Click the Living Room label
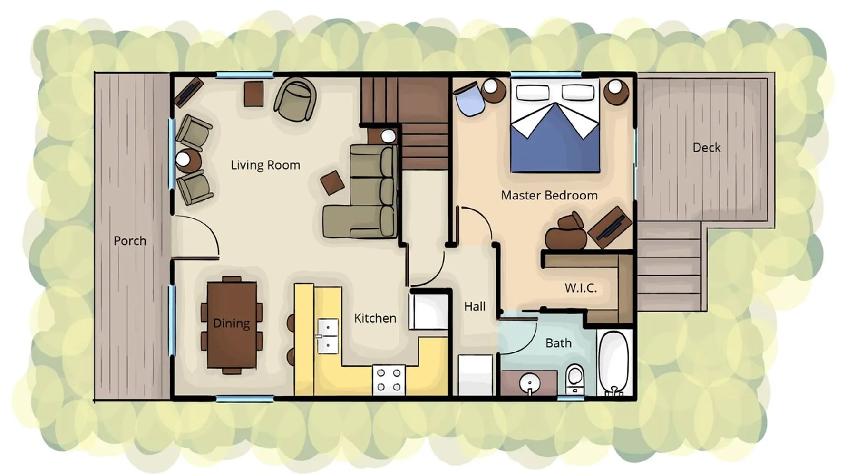coord(265,165)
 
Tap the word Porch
coord(130,241)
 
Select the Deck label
coord(706,148)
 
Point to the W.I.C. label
coord(581,288)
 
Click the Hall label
coord(475,307)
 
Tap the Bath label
coord(558,343)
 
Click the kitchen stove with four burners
coord(389,380)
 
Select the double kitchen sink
coord(328,336)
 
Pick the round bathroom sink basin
coord(529,383)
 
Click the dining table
coord(232,325)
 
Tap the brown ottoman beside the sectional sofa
coord(332,182)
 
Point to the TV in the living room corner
coord(188,93)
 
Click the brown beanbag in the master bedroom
coord(564,233)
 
